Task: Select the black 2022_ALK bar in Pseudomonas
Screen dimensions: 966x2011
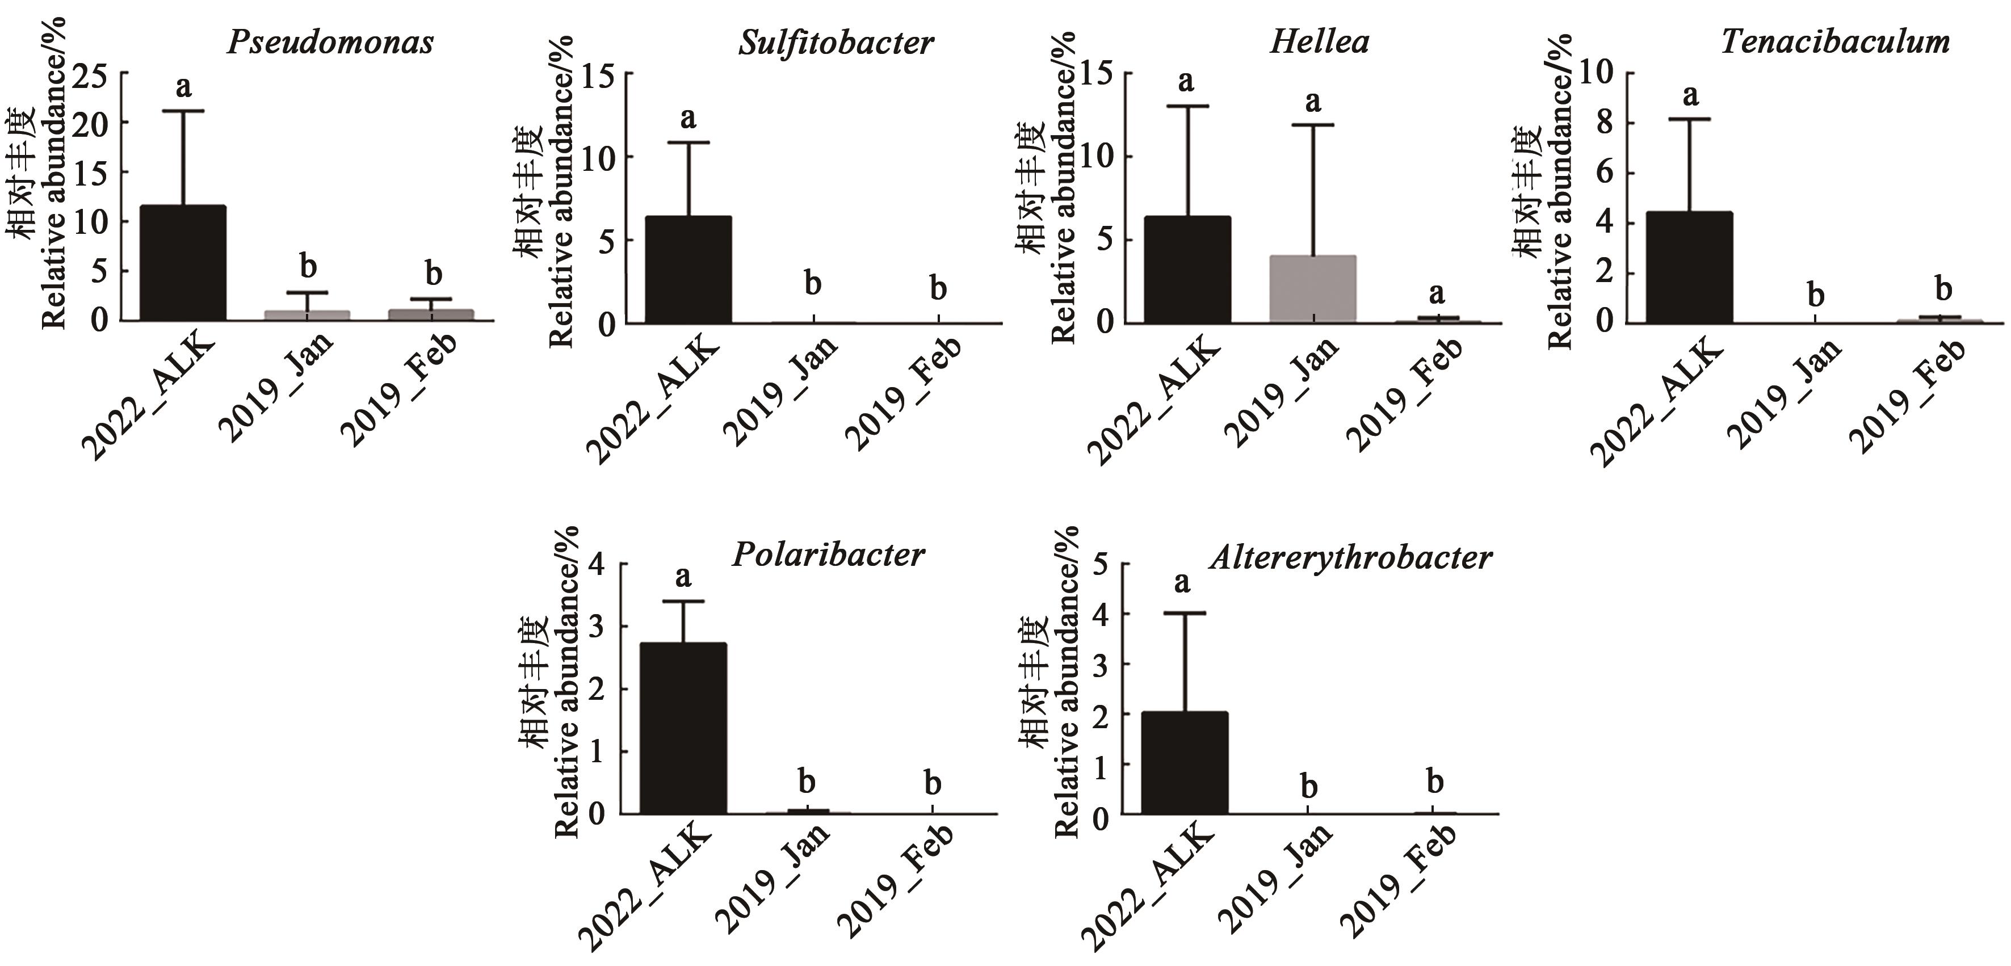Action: pyautogui.click(x=183, y=263)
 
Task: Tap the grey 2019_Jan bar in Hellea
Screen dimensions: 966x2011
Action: pyautogui.click(x=1313, y=289)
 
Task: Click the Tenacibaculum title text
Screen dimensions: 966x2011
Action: pyautogui.click(x=1834, y=42)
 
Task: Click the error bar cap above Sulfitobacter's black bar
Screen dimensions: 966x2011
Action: pyautogui.click(x=689, y=143)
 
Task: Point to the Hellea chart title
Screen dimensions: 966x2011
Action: pyautogui.click(x=1319, y=42)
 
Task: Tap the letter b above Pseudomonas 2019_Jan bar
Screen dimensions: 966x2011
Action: pyautogui.click(x=308, y=267)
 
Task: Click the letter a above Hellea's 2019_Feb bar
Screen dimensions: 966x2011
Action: pyautogui.click(x=1437, y=293)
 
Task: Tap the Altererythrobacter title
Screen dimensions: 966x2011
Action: pyautogui.click(x=1350, y=557)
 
